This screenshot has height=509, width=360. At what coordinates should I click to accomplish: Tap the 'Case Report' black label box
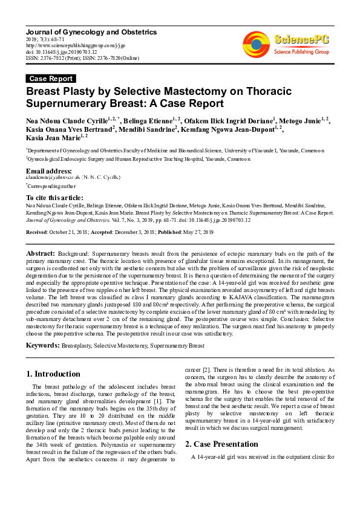tap(51, 79)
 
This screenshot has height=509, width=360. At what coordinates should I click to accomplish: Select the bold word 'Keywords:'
tap(42, 345)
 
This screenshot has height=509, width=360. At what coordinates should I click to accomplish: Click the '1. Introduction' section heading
tap(54, 374)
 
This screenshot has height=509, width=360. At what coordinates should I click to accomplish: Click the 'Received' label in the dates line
tap(39, 232)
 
